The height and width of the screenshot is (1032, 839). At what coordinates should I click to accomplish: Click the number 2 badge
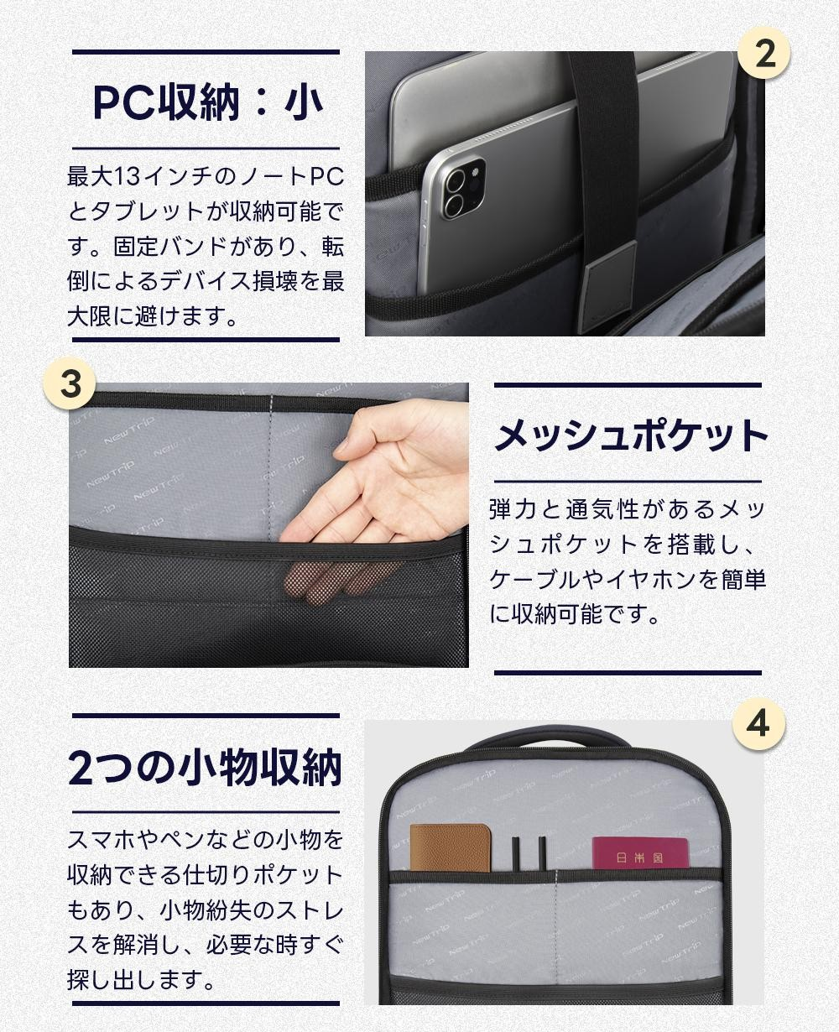coord(765,54)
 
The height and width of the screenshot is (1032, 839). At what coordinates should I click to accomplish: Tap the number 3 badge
coord(70,383)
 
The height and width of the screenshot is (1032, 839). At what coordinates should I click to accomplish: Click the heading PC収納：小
coord(207,102)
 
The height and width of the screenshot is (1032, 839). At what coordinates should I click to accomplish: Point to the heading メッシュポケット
coord(630,435)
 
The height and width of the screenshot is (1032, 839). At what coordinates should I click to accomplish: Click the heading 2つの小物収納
coord(206,768)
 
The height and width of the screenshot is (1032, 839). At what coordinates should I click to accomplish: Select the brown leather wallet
coord(450,848)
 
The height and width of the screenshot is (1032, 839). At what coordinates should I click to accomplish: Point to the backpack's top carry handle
coord(549,741)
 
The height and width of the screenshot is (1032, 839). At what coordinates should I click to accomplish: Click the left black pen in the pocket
coord(516,853)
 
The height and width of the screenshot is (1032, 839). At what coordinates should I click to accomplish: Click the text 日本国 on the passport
coord(639,858)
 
